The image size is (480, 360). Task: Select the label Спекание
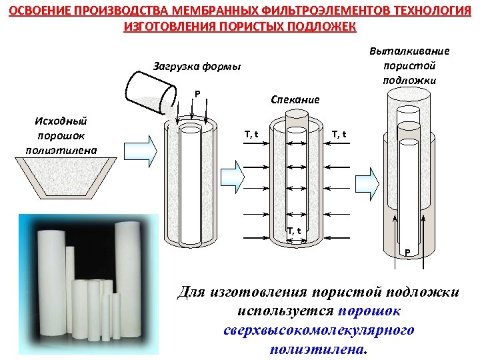click(x=295, y=99)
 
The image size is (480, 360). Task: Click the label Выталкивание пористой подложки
click(x=409, y=66)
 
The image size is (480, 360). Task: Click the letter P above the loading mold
click(x=197, y=93)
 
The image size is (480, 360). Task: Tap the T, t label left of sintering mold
click(x=251, y=135)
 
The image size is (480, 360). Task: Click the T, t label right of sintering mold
click(x=339, y=135)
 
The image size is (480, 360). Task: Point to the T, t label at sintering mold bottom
click(x=294, y=231)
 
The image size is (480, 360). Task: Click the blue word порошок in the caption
click(x=369, y=311)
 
